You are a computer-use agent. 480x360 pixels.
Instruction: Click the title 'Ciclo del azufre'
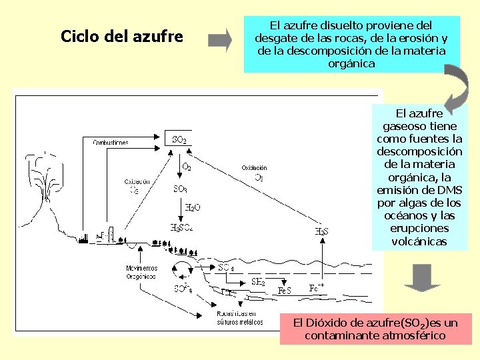click(x=121, y=36)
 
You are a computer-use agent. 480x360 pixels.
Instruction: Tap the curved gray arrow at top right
click(x=454, y=87)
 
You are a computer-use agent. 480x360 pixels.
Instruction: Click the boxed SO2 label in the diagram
click(x=179, y=139)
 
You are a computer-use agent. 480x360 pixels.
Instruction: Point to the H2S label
click(x=321, y=231)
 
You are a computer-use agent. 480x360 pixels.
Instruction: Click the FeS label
click(x=285, y=291)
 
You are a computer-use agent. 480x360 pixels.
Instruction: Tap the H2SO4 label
click(x=181, y=227)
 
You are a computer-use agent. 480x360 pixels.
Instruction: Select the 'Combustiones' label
click(x=111, y=142)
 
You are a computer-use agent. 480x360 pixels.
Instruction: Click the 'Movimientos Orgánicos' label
click(x=141, y=271)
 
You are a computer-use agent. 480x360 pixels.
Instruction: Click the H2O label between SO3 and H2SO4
click(x=192, y=207)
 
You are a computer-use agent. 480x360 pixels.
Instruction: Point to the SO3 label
click(x=180, y=189)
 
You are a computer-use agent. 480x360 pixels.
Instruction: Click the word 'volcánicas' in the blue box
click(x=420, y=241)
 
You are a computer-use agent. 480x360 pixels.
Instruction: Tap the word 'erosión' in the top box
click(x=417, y=38)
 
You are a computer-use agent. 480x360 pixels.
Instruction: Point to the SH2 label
click(x=257, y=282)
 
